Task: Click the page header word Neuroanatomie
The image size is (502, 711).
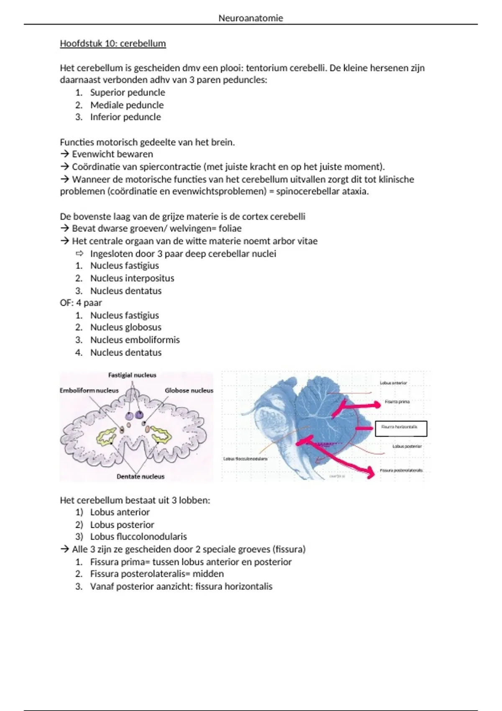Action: pyautogui.click(x=251, y=18)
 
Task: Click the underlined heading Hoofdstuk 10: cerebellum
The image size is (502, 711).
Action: pyautogui.click(x=113, y=43)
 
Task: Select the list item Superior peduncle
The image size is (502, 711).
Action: pyautogui.click(x=128, y=92)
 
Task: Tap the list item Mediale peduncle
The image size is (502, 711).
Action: pyautogui.click(x=127, y=105)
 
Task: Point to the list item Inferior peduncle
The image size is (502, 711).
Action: pyautogui.click(x=125, y=117)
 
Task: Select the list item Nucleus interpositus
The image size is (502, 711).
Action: pyautogui.click(x=132, y=278)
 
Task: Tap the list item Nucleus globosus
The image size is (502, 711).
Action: pyautogui.click(x=125, y=327)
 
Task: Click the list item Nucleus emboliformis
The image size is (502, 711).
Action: pyautogui.click(x=135, y=340)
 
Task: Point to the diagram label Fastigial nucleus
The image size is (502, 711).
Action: pyautogui.click(x=132, y=375)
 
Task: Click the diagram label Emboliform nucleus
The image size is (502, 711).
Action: pyautogui.click(x=89, y=390)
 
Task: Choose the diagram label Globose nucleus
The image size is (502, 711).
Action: pyautogui.click(x=189, y=390)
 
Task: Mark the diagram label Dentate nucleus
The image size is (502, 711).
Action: pyautogui.click(x=141, y=476)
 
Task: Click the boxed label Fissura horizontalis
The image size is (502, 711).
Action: pyautogui.click(x=401, y=428)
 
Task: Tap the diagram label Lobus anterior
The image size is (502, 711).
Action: pyautogui.click(x=393, y=383)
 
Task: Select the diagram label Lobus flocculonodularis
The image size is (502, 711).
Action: pyautogui.click(x=246, y=459)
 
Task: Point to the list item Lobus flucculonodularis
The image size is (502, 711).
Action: pyautogui.click(x=138, y=537)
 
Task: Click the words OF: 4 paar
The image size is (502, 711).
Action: pyautogui.click(x=81, y=303)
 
